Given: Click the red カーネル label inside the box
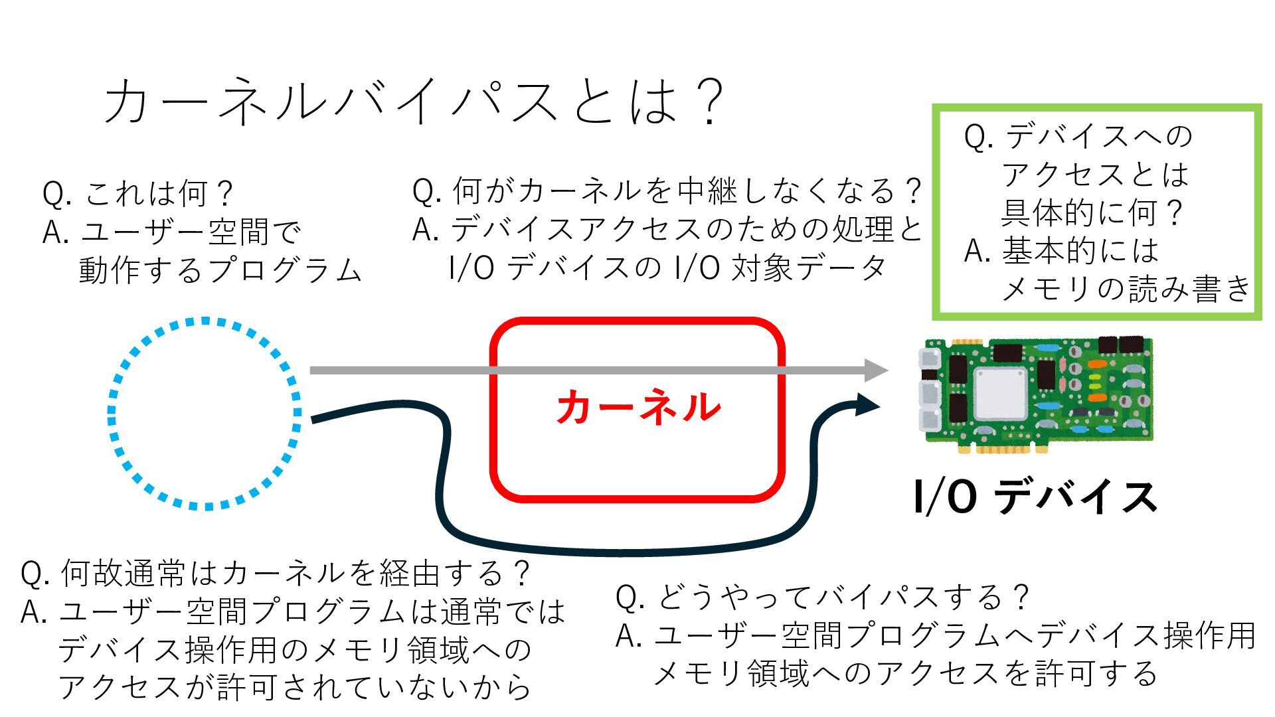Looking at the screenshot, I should [x=638, y=407].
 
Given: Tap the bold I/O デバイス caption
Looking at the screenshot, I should [x=1035, y=497].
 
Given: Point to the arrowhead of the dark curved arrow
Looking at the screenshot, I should [x=866, y=404].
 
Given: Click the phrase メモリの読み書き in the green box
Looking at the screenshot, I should [x=1126, y=288].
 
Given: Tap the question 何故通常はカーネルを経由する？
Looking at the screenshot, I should [x=295, y=573].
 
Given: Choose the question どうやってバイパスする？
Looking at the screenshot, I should [x=843, y=597].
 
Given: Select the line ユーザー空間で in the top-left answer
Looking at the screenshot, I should [x=191, y=232].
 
